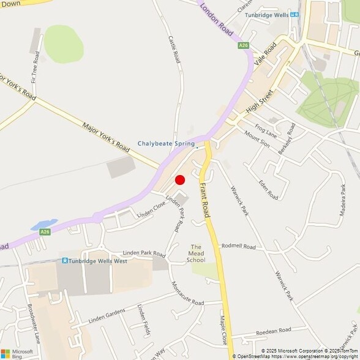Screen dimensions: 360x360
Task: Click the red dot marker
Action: tap(180, 179)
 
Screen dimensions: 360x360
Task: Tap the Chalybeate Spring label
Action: tap(165, 144)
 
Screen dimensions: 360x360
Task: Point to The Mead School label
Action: tap(196, 253)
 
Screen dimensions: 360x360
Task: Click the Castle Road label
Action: tap(175, 49)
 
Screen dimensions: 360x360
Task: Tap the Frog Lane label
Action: tap(266, 130)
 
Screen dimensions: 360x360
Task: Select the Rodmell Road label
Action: tap(238, 246)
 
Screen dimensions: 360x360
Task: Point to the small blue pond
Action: tap(43, 224)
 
